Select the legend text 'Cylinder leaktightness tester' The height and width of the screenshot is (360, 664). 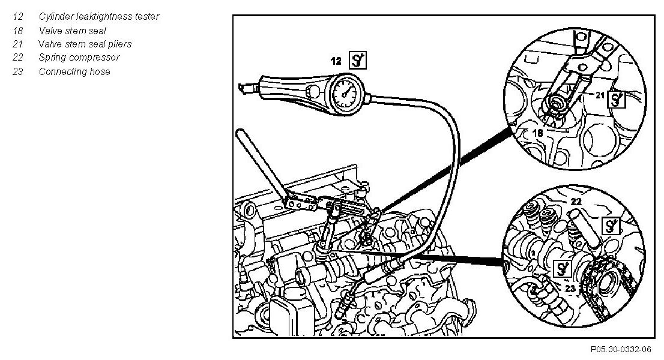pos(98,17)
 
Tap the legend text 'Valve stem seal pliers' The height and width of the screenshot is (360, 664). pos(85,44)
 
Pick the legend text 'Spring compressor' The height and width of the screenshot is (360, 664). pos(79,58)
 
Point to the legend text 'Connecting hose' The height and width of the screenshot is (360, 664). pos(74,71)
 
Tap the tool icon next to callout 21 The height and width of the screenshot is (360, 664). pos(617,99)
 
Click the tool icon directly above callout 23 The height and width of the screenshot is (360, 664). pos(563,268)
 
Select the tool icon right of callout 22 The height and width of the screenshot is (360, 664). pos(611,226)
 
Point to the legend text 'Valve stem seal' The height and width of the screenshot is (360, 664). pos(72,30)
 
